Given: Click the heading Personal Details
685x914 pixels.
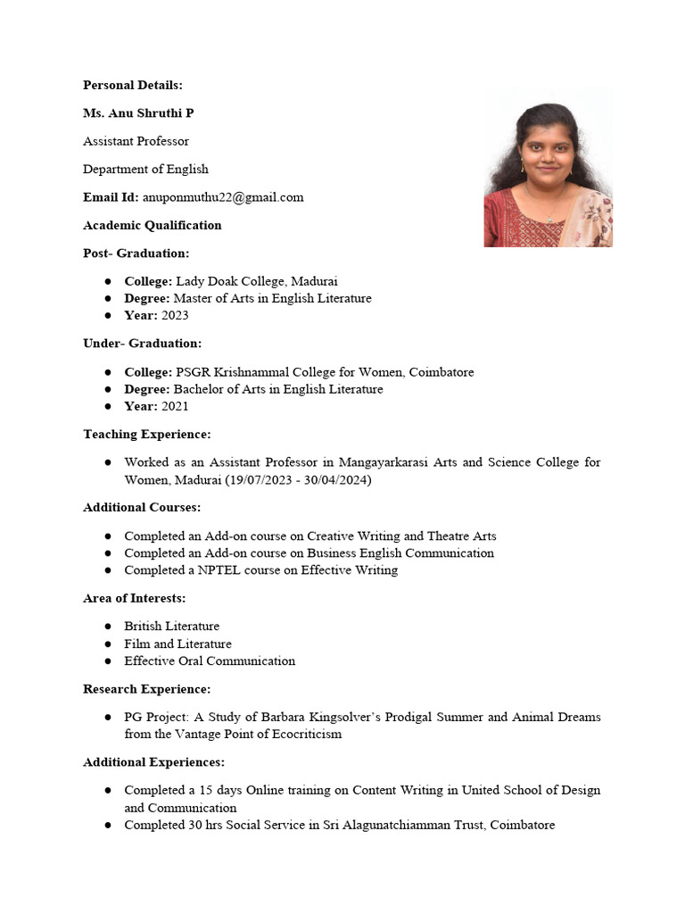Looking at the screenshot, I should coord(132,85).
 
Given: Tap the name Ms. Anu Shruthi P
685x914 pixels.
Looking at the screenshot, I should coord(138,113).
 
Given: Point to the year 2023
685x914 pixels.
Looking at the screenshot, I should coord(175,315).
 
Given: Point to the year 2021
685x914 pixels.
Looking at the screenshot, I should coord(175,406).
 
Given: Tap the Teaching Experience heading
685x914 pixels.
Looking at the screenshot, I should coord(147,434).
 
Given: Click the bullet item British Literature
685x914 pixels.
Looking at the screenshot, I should coord(171,626).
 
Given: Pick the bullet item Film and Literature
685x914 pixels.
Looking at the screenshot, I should coord(177,644).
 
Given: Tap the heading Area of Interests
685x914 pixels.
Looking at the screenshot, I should coord(135,598).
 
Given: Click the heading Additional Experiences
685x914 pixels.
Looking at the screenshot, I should coord(153,762).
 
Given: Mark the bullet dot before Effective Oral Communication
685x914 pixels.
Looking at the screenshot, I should coord(107,661).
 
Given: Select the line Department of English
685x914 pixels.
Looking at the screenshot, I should coord(145,169).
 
